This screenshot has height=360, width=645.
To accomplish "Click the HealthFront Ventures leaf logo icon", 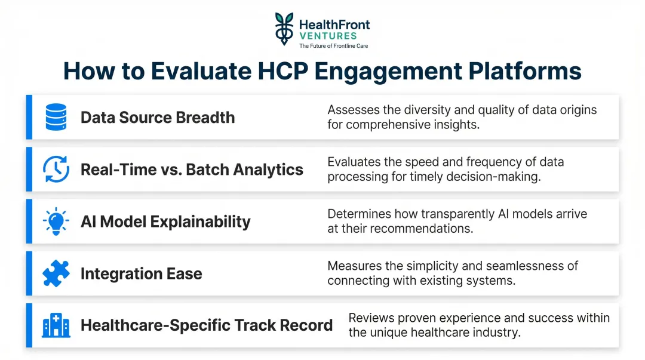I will click(284, 29).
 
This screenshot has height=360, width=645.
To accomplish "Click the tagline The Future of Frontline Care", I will click(334, 46).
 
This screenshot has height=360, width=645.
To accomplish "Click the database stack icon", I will click(56, 117).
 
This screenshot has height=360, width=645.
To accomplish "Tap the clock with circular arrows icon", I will click(56, 169).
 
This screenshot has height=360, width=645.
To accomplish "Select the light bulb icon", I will click(56, 221).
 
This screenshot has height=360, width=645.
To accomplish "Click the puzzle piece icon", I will click(56, 273).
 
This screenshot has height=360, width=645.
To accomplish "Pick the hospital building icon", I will click(56, 325).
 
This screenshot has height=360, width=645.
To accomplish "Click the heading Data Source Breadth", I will click(158, 117).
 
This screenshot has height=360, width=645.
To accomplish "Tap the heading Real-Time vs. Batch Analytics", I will click(192, 170).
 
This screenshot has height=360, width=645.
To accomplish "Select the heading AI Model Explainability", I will click(165, 221).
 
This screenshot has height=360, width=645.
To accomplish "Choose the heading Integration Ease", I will click(141, 274).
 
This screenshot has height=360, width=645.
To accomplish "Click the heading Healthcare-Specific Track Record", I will click(207, 325).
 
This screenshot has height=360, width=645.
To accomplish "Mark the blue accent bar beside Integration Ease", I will click(29, 273).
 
